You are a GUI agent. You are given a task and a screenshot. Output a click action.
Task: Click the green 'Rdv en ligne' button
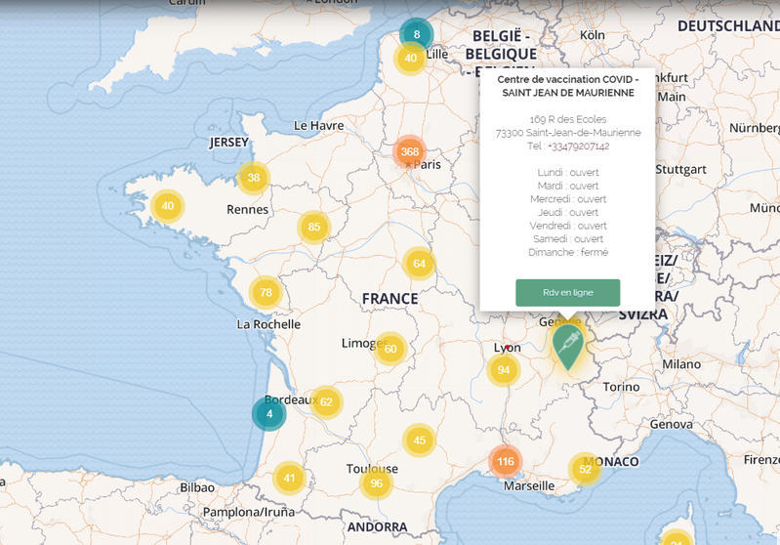[567, 292]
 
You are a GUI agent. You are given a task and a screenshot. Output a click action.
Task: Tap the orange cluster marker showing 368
[410, 151]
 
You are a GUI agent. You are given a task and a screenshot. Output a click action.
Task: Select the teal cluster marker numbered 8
[417, 35]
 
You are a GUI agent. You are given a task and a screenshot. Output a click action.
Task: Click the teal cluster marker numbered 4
[269, 413]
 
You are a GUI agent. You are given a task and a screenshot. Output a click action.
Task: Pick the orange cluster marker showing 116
[505, 461]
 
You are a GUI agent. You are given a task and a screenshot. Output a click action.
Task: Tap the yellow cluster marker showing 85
[314, 228]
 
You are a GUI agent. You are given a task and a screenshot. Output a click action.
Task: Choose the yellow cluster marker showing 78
[266, 292]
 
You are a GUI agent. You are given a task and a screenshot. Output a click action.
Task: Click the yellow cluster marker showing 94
[504, 369]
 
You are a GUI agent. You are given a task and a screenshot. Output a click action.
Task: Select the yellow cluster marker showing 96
[376, 482]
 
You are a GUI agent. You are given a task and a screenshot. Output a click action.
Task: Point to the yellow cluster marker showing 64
[419, 263]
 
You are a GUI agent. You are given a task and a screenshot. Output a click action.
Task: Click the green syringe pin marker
[567, 345]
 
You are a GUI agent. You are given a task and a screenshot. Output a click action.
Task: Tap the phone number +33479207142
[578, 146]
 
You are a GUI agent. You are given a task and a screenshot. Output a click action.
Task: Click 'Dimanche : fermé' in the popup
[567, 252]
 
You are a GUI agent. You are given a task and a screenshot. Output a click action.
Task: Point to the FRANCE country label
[390, 299]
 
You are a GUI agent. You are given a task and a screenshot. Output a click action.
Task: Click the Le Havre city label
[319, 125]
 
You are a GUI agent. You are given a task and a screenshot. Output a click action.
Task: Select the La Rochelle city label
[268, 324]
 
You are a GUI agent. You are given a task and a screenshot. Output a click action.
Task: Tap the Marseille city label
[528, 485]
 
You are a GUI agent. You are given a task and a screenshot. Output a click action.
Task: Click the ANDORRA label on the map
[377, 527]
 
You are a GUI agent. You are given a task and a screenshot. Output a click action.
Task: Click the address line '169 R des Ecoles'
[567, 119]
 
